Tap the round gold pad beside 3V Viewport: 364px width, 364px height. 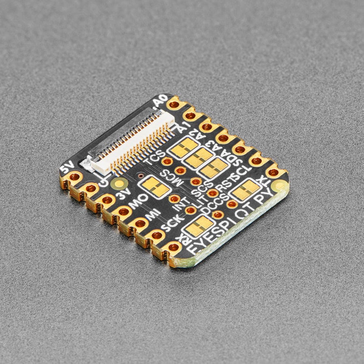(x=119, y=184)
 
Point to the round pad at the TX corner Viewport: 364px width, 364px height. (x=279, y=186)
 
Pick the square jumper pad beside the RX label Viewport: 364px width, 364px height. (x=199, y=226)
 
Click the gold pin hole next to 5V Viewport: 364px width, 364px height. (x=74, y=177)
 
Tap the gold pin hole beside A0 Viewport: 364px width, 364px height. (x=174, y=105)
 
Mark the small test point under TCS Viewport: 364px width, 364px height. (x=167, y=162)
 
